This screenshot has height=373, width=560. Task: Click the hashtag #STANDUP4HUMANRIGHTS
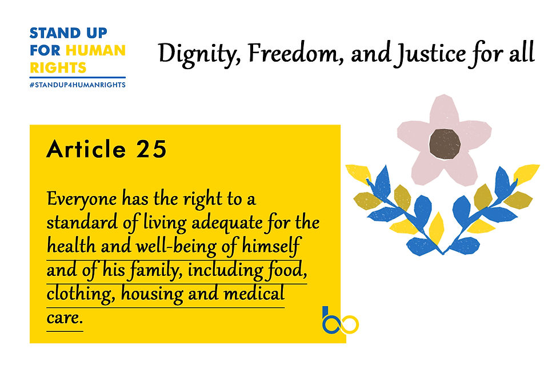point(78,85)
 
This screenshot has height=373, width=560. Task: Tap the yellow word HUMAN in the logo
point(96,50)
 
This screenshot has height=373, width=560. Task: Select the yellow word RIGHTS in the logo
point(58,67)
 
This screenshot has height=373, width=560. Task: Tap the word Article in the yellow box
point(86,149)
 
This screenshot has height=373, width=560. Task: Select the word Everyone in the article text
point(82,199)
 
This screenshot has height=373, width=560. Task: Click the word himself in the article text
point(271,246)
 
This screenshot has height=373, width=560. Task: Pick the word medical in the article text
point(254,294)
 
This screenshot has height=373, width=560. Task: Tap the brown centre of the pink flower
point(445,144)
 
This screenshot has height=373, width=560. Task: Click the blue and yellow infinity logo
point(340,320)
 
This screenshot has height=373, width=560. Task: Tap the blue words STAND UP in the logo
point(68,33)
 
